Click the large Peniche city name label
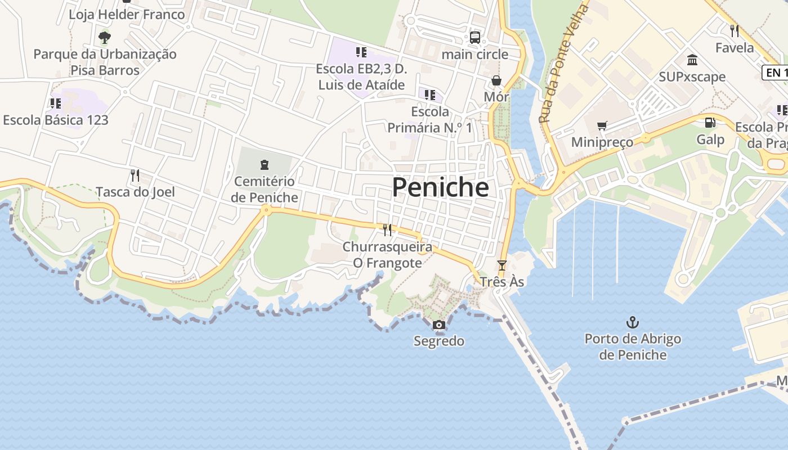(440, 187)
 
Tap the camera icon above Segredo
(439, 325)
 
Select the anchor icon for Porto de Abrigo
(633, 322)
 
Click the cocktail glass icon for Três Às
(502, 265)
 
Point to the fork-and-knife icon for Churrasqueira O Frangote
(387, 229)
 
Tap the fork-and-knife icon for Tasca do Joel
(135, 175)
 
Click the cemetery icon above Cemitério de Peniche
(264, 165)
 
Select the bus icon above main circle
(475, 38)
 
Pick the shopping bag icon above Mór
(496, 80)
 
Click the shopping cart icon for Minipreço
(602, 125)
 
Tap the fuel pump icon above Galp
(710, 122)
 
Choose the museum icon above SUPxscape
(692, 60)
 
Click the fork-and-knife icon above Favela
(734, 30)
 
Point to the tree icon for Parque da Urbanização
(104, 38)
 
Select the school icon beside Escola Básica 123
(55, 103)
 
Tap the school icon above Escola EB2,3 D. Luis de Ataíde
(361, 52)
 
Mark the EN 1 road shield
(774, 73)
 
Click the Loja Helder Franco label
(127, 14)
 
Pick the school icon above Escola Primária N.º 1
(430, 94)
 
